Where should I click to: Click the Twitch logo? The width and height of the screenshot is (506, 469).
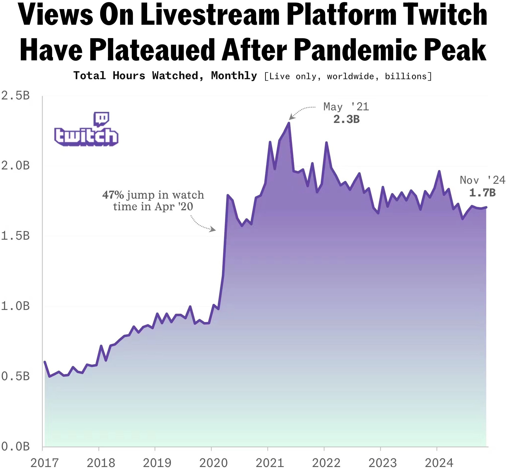(86, 129)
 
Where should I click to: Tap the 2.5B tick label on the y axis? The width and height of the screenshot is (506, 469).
(15, 96)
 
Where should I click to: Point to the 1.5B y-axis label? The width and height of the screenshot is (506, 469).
(15, 236)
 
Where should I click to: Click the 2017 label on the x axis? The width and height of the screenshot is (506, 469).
(45, 462)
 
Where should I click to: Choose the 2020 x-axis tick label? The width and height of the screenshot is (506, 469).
(213, 462)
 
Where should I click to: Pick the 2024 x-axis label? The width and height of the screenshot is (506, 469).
(439, 462)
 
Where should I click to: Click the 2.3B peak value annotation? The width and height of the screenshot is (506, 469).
(346, 119)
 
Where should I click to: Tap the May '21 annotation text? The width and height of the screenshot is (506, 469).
(346, 107)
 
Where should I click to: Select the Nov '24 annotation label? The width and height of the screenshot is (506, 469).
(483, 180)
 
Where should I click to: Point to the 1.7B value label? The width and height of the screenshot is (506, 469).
(482, 193)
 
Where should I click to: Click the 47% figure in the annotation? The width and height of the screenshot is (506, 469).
(113, 195)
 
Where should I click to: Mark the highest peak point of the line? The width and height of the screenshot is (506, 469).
(289, 123)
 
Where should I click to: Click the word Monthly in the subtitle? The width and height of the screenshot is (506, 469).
(234, 76)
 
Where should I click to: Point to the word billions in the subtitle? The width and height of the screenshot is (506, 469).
(407, 76)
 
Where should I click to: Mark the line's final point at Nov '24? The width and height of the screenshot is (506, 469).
(486, 207)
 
